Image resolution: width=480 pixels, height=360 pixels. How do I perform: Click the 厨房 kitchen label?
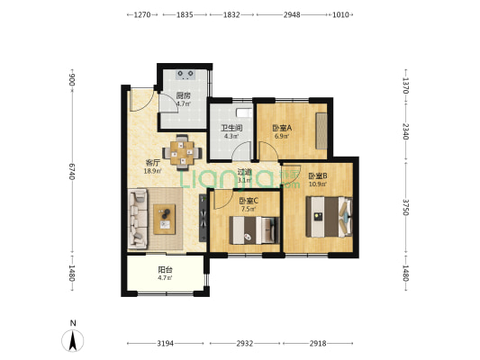coord(183,95)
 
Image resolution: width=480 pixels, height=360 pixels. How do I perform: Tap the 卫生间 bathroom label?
coord(231,128)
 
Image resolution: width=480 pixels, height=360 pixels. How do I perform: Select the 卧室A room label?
coord(282,128)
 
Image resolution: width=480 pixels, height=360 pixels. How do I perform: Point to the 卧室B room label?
coord(318,175)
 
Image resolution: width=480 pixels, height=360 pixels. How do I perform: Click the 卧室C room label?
coord(249,201)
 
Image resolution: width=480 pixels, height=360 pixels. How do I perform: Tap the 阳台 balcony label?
coord(165,270)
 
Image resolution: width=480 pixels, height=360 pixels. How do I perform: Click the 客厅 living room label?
coord(152,162)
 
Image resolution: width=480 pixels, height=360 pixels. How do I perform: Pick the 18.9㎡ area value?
coord(152,171)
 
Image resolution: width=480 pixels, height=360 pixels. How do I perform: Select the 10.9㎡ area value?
coord(318,184)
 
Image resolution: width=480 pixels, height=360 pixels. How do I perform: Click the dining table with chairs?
coord(182,152)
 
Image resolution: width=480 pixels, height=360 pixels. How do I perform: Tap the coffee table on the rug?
coord(165,220)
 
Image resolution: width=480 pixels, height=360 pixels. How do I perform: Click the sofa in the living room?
coord(138,219)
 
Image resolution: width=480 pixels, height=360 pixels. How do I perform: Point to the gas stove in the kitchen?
coord(186,74)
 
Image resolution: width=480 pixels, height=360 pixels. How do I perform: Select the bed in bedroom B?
coord(329,217)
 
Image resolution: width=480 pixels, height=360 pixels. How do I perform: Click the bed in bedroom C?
coord(254,230)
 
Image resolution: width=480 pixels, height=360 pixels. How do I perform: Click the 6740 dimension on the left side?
coord(72,172)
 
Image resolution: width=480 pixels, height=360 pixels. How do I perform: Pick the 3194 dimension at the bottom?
coord(166,344)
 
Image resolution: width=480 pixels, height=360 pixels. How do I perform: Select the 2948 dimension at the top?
coord(292,14)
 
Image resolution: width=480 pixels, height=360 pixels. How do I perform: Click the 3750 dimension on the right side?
coord(405,207)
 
